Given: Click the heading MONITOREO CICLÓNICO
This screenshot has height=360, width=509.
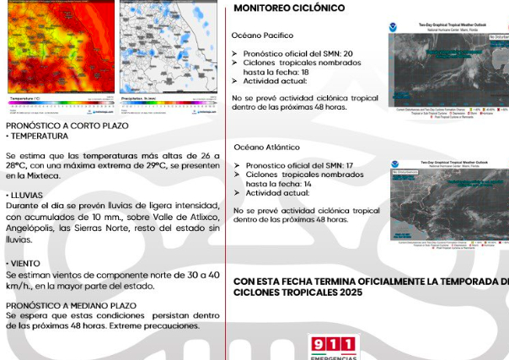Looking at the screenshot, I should [289, 8].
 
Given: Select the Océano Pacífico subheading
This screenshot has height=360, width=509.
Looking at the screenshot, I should [262, 35].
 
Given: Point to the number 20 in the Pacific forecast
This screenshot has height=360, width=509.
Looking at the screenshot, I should [347, 54].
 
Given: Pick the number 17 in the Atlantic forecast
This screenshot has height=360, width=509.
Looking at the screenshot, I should [350, 165].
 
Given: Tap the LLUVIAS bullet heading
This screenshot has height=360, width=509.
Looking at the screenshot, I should [29, 195].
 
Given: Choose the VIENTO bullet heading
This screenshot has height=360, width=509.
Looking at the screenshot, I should [26, 264].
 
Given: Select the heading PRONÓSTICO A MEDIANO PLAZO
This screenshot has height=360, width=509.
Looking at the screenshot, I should [71, 304].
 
